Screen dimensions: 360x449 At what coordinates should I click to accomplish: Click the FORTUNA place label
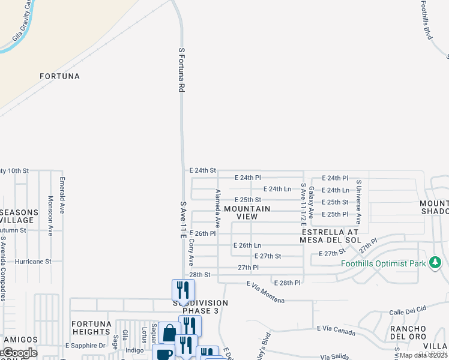(x=59, y=76)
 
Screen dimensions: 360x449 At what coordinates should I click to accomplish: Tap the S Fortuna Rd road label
(x=181, y=70)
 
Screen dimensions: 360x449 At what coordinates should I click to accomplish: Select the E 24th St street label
(x=202, y=170)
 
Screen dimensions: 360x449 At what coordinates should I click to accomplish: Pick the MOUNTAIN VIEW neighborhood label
(x=247, y=212)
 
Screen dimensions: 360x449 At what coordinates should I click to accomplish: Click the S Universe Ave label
(x=358, y=202)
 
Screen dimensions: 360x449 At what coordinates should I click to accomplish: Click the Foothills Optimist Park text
(x=383, y=263)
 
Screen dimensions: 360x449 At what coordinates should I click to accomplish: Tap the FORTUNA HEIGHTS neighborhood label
(x=92, y=328)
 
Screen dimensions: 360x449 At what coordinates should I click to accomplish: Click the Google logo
(x=19, y=353)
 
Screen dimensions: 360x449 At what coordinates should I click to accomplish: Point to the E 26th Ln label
(x=247, y=245)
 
